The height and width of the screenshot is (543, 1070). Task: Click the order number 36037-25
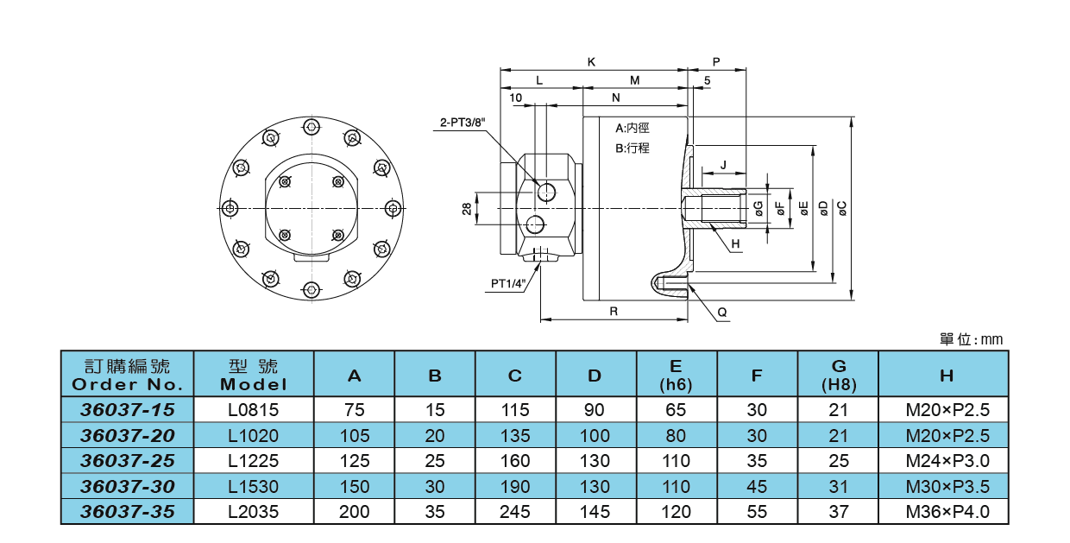(128, 460)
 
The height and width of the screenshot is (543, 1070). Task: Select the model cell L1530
(254, 486)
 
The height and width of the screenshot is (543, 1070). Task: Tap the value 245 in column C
(515, 512)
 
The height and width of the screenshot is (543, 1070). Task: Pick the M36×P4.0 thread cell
(947, 512)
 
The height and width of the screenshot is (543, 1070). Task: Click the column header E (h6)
(677, 374)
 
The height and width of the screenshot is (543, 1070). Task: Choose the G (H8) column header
(839, 374)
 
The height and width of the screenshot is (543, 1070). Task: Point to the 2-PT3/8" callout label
(463, 123)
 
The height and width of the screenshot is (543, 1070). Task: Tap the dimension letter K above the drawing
(591, 62)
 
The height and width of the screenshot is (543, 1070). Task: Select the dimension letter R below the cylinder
(614, 312)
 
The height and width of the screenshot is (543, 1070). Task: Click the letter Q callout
(722, 313)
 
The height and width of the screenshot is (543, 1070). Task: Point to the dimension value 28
(467, 208)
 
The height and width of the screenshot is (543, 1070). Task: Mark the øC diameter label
(842, 208)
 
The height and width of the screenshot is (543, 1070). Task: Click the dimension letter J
(723, 164)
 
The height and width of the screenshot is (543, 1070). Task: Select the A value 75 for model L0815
(354, 409)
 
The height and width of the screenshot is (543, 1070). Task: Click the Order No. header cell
(128, 374)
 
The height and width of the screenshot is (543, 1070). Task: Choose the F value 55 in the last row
(757, 512)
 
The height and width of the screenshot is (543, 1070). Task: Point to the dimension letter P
(716, 62)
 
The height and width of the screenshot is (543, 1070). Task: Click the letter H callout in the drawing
(735, 244)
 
